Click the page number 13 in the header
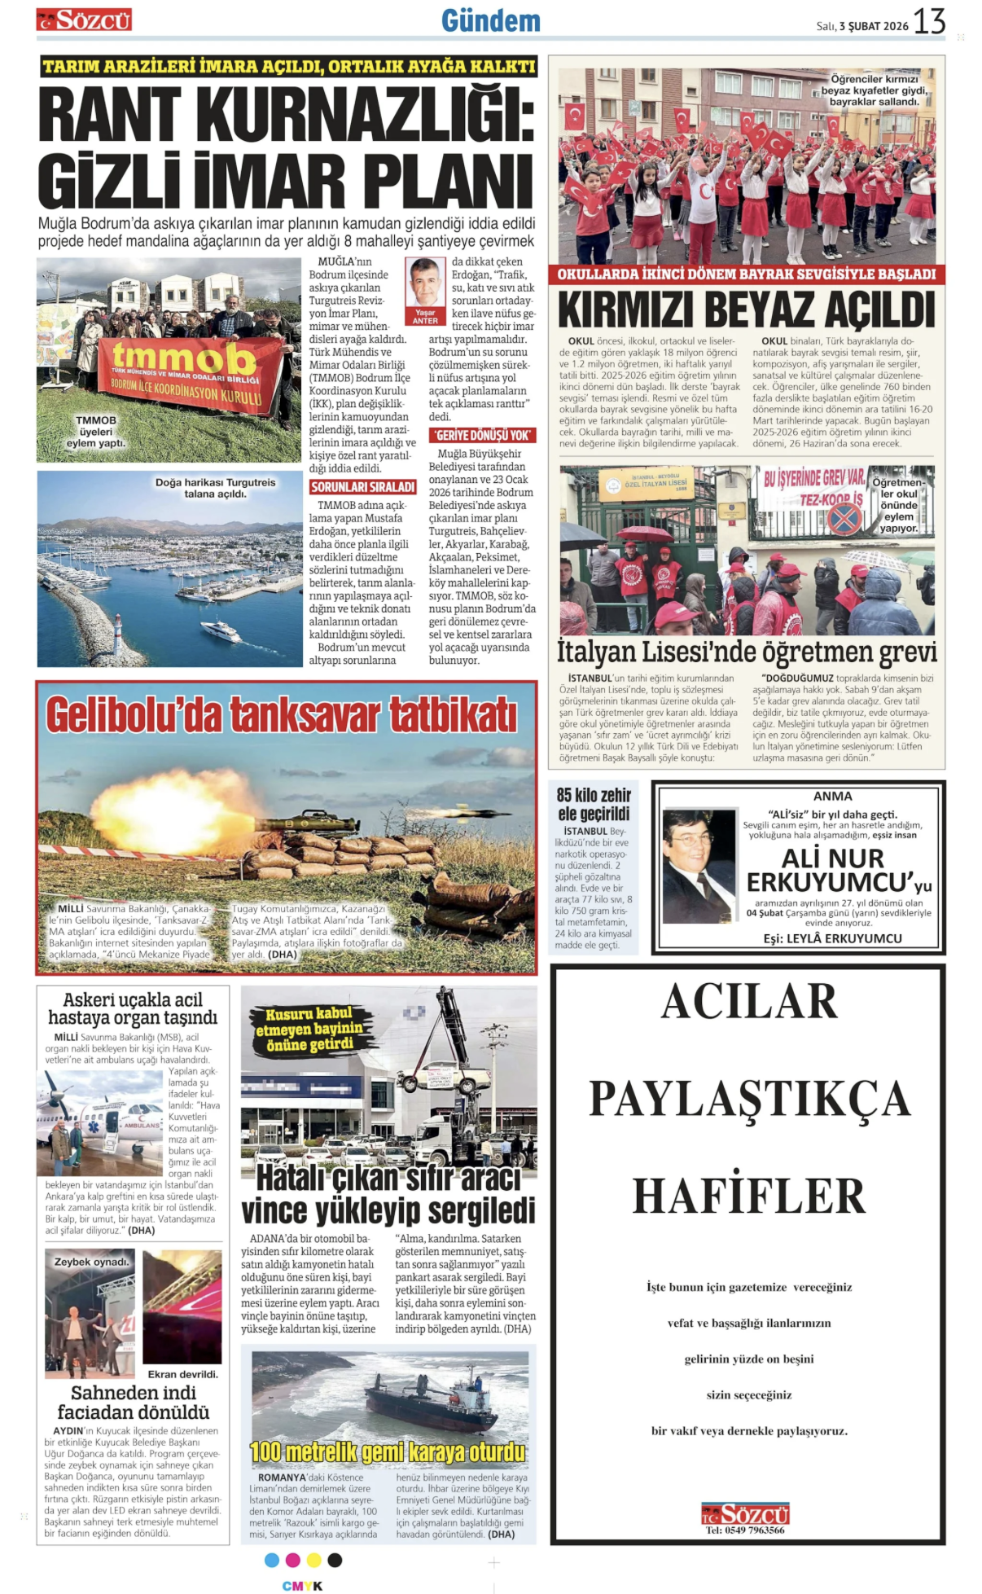(929, 21)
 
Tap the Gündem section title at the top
(490, 21)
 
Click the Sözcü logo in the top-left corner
(84, 20)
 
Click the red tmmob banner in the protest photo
(189, 373)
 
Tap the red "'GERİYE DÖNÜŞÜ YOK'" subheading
(482, 436)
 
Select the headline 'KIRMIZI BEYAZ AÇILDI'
(746, 310)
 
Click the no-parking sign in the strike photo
(844, 517)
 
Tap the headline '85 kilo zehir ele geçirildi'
(594, 804)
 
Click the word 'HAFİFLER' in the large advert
(748, 1196)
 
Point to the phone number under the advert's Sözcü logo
(745, 1530)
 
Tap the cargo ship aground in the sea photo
(427, 1395)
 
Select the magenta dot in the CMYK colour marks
(292, 1561)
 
